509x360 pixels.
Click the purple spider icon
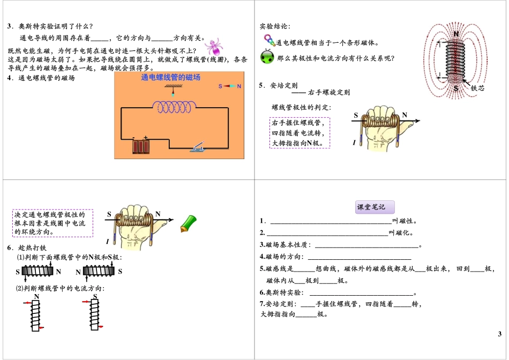point(213,46)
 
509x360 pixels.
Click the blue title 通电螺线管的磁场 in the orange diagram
point(170,78)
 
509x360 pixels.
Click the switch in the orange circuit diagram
point(198,146)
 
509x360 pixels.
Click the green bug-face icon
point(267,57)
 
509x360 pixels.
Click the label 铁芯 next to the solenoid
point(477,87)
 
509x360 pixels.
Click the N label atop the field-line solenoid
point(456,33)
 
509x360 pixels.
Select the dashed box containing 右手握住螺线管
point(300,132)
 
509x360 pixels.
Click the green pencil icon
point(188,223)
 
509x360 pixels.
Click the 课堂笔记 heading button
point(375,207)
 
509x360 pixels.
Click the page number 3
point(499,334)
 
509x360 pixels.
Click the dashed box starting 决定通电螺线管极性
point(53,223)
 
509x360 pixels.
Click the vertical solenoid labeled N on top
point(35,316)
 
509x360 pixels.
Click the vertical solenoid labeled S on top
point(95,316)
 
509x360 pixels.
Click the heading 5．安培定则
point(278,86)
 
